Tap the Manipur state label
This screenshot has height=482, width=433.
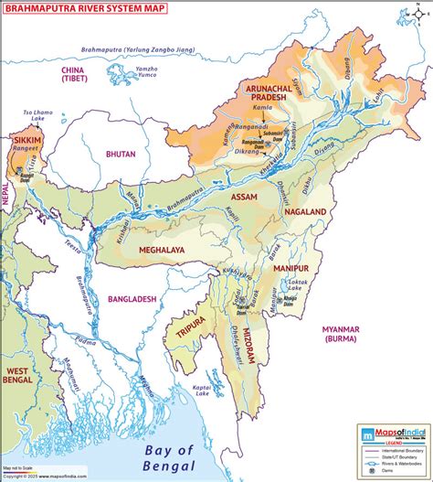pyautogui.click(x=291, y=271)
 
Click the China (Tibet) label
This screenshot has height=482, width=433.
pyautogui.click(x=72, y=74)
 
